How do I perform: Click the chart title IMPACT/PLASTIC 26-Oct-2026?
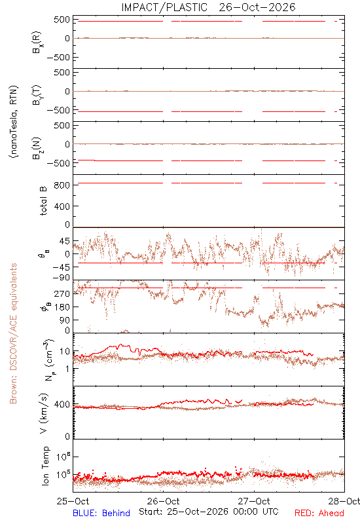pos(208,7)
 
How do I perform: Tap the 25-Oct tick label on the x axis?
pos(73,501)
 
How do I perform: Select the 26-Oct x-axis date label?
pos(163,501)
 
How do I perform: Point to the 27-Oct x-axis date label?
pos(254,501)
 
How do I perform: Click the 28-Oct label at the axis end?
pos(344,501)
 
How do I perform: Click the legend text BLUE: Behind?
pos(101,513)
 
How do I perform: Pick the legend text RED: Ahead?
pos(319,513)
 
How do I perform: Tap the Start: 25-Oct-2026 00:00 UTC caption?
pos(209,512)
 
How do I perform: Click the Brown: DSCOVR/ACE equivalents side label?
pos(13,333)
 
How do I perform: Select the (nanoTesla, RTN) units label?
pos(14,121)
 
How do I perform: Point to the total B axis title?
pos(44,201)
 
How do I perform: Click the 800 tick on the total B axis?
pos(62,185)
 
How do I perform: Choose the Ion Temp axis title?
pos(45,465)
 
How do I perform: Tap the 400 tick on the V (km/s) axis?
pos(62,404)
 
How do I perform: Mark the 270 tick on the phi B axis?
pos(62,293)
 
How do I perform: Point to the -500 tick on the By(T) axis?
pos(59,110)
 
